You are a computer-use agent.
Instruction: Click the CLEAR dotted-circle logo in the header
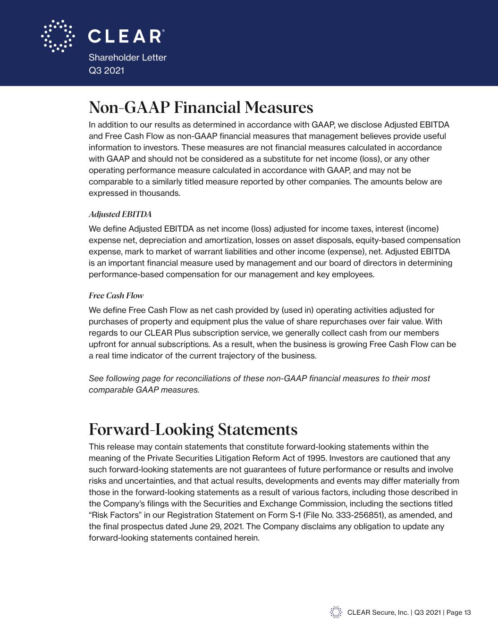(58, 36)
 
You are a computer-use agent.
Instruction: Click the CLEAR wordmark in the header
(126, 36)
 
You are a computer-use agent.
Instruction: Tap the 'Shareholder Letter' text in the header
(127, 58)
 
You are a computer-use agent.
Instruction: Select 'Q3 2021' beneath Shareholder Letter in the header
(106, 70)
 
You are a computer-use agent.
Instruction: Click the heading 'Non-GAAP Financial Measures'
(201, 108)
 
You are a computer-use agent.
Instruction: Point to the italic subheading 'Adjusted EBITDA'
(120, 215)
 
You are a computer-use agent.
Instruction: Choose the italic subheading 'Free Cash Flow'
(116, 296)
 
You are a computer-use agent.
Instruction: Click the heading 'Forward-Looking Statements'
(193, 430)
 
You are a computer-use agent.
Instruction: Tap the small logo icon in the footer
(336, 612)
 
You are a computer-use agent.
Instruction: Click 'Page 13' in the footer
(458, 613)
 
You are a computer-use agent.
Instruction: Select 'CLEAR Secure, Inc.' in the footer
(378, 613)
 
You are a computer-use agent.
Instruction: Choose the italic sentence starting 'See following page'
(259, 384)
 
